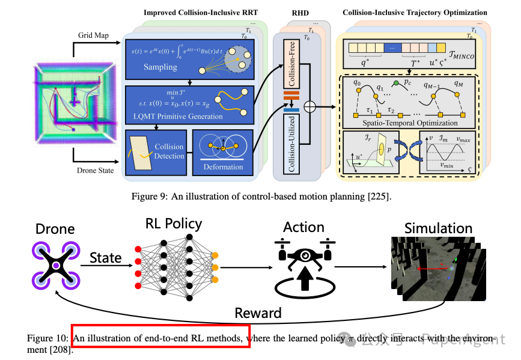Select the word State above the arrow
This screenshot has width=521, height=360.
[106, 257]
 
